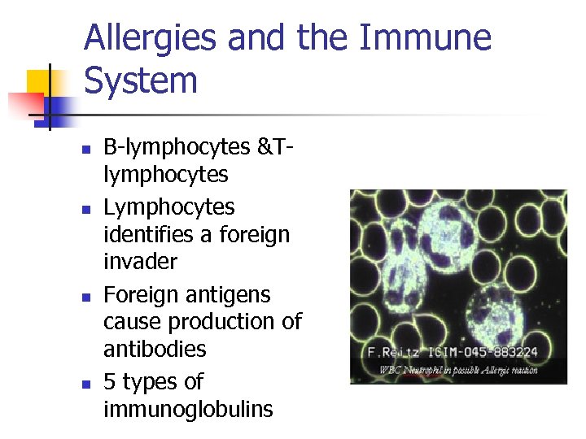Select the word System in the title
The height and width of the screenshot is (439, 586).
[x=141, y=80]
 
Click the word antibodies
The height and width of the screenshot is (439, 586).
[x=155, y=349]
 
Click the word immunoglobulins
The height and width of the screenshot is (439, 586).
[x=188, y=409]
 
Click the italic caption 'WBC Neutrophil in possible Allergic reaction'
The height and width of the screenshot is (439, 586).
[x=458, y=370]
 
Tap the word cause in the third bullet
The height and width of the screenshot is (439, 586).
[x=130, y=322]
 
